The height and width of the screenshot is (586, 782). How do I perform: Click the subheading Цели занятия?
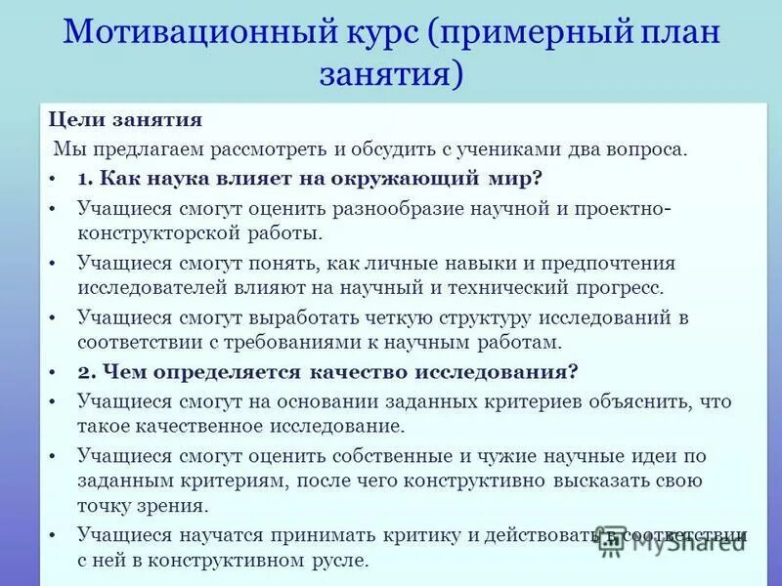pos(126,120)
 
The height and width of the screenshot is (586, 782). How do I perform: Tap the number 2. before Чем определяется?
pos(87,372)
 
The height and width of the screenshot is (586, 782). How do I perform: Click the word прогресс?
pos(617,289)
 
